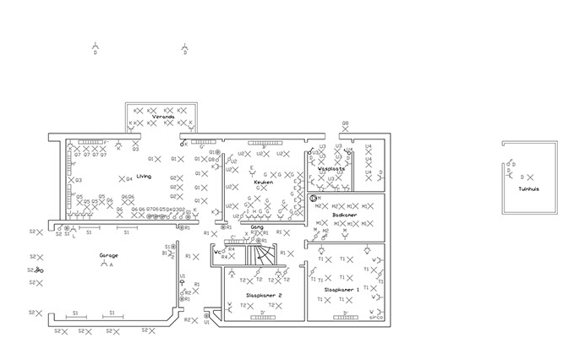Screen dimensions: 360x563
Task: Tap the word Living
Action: pos(144,176)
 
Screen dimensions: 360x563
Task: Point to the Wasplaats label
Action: pos(331,169)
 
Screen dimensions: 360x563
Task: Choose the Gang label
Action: pos(258,226)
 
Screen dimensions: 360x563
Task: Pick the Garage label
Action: pos(108,254)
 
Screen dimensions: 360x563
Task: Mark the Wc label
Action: pos(218,251)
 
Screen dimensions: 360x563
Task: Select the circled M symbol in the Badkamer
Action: pos(314,198)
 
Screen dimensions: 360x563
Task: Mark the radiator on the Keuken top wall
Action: pos(264,142)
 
